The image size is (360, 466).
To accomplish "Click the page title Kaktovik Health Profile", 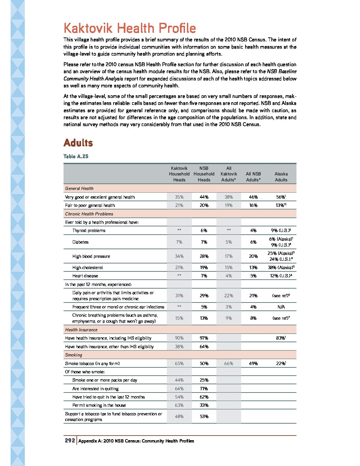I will (x=130, y=28).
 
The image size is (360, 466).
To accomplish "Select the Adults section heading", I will (x=78, y=143).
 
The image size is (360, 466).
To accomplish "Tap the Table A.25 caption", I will (x=76, y=156).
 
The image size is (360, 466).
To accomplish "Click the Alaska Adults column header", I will (x=281, y=177).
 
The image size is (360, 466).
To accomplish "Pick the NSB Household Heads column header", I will (x=204, y=174).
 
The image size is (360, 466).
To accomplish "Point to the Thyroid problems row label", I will (x=89, y=230).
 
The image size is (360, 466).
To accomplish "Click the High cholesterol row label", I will (x=88, y=267).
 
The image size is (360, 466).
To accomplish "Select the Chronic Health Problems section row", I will (x=89, y=214).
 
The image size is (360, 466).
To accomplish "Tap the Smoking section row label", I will (x=73, y=355).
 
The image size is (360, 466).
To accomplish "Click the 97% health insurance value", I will (x=204, y=338).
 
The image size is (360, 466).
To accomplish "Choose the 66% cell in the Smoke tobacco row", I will (x=229, y=363).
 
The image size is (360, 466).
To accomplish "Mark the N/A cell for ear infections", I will (x=281, y=307).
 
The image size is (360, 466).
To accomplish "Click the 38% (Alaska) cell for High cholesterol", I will (x=281, y=267).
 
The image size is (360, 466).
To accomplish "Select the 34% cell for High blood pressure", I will (x=179, y=256).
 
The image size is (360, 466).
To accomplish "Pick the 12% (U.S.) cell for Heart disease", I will (x=281, y=276).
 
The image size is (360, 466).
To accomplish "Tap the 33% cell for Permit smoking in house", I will (x=204, y=405).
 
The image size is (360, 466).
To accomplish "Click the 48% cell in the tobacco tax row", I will (x=179, y=416).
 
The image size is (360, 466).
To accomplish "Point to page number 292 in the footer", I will (x=70, y=441).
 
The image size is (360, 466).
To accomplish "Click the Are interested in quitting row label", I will (x=95, y=389).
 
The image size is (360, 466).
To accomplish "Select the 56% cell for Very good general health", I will (x=281, y=197).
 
